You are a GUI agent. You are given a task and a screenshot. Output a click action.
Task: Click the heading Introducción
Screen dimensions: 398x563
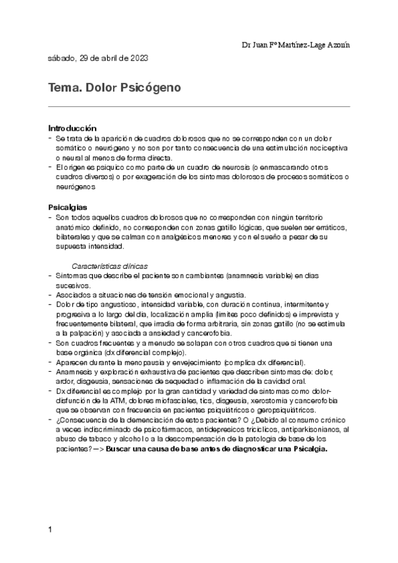pos(72,127)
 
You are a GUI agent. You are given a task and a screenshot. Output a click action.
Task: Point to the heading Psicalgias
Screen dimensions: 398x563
pos(67,207)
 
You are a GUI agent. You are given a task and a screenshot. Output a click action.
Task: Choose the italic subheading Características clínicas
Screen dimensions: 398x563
pos(110,266)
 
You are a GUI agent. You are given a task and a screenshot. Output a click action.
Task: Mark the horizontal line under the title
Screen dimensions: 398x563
pos(199,106)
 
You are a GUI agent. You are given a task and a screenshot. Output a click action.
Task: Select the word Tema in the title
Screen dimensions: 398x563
pos(62,87)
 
